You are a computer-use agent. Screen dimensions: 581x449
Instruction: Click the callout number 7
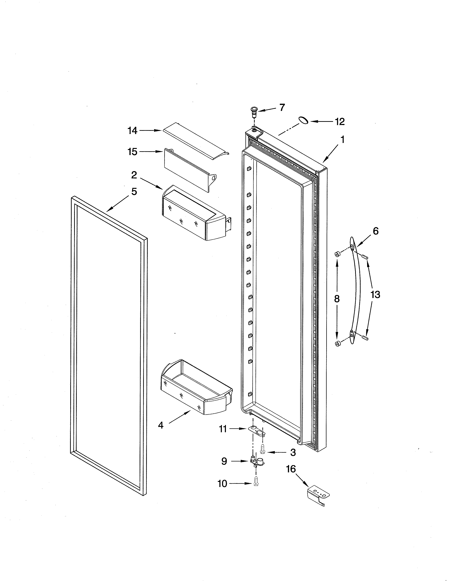[x=282, y=107]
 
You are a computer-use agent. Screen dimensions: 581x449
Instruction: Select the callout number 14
[x=132, y=131]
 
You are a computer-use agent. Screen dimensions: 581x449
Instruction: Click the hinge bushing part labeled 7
[x=254, y=112]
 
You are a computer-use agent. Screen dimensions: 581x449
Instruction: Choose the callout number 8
[x=337, y=299]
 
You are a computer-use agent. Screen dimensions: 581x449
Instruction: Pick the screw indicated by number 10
[x=256, y=489]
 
